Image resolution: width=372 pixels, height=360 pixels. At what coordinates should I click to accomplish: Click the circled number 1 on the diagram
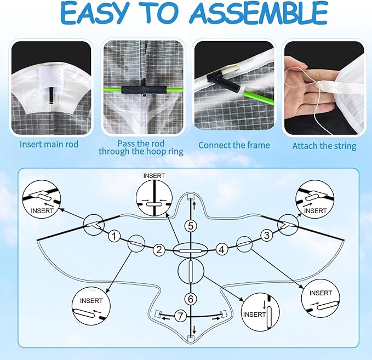pyautogui.click(x=115, y=236)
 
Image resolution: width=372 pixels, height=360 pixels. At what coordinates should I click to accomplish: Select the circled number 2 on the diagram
pyautogui.click(x=159, y=250)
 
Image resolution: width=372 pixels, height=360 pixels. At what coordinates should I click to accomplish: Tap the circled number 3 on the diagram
pyautogui.click(x=267, y=235)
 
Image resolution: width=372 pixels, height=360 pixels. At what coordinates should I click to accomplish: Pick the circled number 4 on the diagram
pyautogui.click(x=221, y=249)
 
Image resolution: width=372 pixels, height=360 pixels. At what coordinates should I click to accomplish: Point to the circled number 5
pyautogui.click(x=191, y=226)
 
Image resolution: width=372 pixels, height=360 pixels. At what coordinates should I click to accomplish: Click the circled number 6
pyautogui.click(x=191, y=299)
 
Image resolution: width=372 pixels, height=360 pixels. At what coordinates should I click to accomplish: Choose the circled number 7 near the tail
pyautogui.click(x=181, y=316)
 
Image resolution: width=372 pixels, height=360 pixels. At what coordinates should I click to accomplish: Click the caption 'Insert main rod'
pyautogui.click(x=49, y=144)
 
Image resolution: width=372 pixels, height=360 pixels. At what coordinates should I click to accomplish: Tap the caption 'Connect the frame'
pyautogui.click(x=234, y=145)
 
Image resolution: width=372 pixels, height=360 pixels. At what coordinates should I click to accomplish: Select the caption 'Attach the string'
pyautogui.click(x=324, y=146)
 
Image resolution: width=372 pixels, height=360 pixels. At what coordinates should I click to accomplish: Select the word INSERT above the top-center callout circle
pyautogui.click(x=154, y=176)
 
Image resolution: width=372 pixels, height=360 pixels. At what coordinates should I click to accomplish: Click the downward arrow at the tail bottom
pyautogui.click(x=194, y=330)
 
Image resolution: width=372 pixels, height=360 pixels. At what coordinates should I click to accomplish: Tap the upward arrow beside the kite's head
pyautogui.click(x=194, y=205)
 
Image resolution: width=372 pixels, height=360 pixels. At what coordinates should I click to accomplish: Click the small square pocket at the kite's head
pyautogui.click(x=191, y=196)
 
